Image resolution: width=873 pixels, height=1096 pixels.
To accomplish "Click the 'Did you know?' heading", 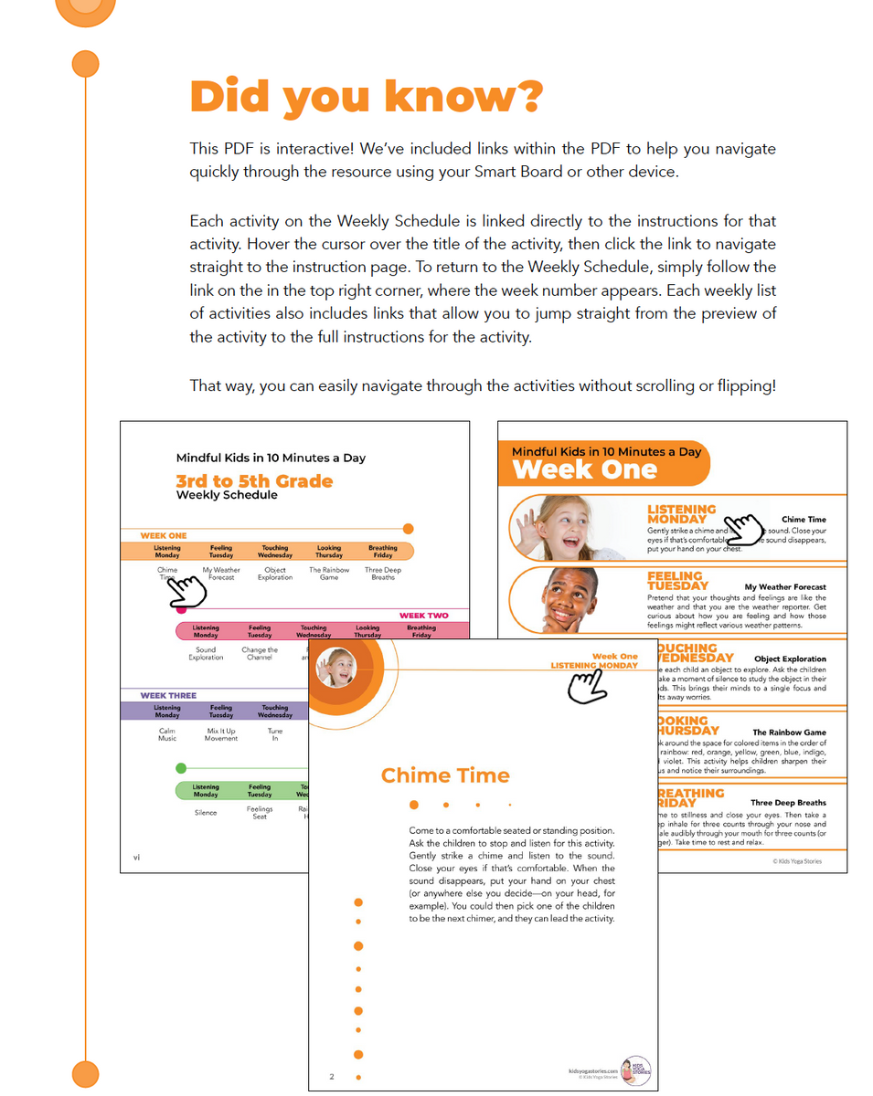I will (x=366, y=96).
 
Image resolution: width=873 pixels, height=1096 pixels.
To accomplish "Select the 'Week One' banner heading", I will (x=584, y=470).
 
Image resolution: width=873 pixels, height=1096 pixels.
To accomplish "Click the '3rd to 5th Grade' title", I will (x=254, y=481).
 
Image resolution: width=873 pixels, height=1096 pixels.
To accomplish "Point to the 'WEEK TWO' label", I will (x=423, y=616).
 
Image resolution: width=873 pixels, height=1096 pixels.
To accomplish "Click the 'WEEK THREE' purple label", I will (x=168, y=695).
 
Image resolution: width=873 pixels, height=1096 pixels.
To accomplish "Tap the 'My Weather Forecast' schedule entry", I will (x=221, y=574).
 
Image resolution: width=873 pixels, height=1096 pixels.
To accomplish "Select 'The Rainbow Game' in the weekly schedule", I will (x=329, y=574).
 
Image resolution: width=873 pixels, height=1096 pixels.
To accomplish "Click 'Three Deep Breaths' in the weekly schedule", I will (x=383, y=574).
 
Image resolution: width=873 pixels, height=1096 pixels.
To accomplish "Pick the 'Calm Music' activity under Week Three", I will (x=167, y=734).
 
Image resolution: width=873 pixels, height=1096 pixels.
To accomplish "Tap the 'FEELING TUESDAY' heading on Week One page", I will (x=677, y=581).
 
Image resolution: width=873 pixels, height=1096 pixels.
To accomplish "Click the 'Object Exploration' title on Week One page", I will (x=789, y=659).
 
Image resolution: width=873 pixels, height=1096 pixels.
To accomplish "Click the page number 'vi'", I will (x=136, y=857).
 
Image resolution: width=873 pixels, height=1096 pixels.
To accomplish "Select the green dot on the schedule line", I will (x=181, y=768).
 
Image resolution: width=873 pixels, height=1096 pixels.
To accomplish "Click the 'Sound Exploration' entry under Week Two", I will (x=206, y=654).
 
